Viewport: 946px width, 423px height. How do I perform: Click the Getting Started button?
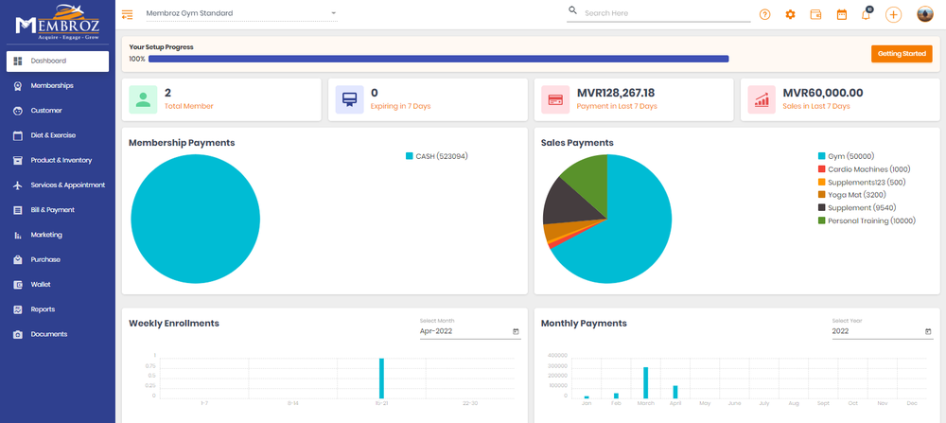click(902, 54)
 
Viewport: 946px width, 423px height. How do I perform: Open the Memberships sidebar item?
click(52, 85)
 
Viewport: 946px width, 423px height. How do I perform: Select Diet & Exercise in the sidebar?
click(53, 135)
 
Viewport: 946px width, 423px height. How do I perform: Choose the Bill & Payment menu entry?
click(52, 210)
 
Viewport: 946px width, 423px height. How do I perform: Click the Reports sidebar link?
click(43, 309)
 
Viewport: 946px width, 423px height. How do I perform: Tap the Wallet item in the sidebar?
click(41, 284)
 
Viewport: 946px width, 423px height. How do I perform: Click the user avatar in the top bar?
click(925, 14)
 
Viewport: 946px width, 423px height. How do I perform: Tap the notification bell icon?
click(866, 15)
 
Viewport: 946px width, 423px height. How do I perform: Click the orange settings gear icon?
click(791, 14)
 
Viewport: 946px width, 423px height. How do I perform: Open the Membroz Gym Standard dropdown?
click(241, 13)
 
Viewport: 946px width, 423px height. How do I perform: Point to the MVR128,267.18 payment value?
click(615, 93)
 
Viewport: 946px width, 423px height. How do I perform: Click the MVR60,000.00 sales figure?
click(823, 93)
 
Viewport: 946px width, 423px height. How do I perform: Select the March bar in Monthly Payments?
click(645, 382)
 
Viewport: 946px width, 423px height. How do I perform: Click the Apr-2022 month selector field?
click(469, 331)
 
